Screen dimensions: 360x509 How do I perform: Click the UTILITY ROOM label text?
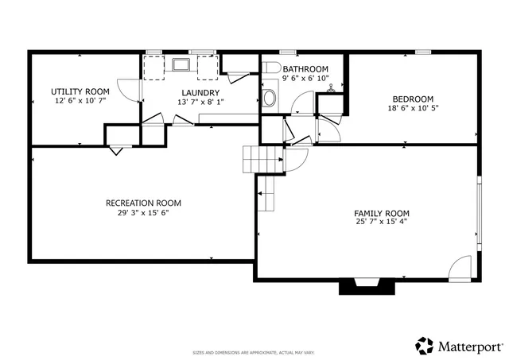80,91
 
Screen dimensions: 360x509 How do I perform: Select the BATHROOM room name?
305,69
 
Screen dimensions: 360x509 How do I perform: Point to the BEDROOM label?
410,99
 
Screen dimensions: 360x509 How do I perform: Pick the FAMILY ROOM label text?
382,213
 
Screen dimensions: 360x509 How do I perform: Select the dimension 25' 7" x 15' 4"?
382,223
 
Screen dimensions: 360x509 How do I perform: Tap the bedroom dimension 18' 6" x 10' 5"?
410,108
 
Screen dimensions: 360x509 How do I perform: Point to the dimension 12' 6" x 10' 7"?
80,101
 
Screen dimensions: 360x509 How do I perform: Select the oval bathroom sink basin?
270,99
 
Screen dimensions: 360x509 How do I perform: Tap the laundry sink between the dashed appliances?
180,64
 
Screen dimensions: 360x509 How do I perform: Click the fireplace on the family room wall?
367,285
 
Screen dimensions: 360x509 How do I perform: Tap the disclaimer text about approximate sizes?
254,352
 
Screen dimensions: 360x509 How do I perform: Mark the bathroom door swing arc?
301,103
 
